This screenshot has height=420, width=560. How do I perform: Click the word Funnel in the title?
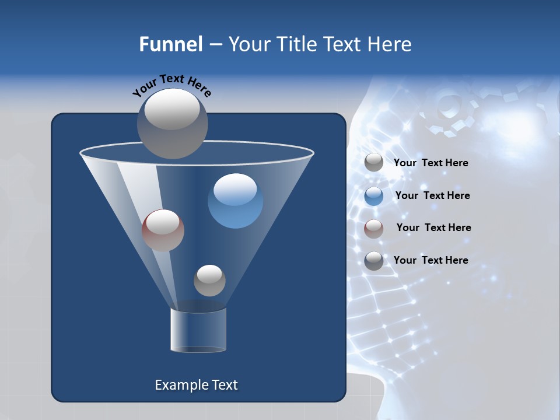tap(170, 44)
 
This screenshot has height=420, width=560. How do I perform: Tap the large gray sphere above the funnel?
tap(172, 124)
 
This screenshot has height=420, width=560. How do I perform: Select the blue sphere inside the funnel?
tap(235, 201)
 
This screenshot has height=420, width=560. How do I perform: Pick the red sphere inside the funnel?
tap(163, 230)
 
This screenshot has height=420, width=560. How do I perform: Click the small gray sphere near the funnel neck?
tap(209, 281)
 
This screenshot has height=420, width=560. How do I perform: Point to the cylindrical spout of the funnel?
tap(198, 330)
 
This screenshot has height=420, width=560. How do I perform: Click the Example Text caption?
tap(196, 385)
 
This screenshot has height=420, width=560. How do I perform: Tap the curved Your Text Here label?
tap(172, 86)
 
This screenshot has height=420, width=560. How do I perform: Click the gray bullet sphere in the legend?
tap(374, 163)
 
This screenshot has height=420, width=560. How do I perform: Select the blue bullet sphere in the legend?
tap(374, 195)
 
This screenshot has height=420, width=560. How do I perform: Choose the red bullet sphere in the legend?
tap(374, 228)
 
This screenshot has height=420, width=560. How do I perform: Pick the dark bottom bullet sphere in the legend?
tap(374, 260)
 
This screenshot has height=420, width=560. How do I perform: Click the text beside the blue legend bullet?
tap(432, 195)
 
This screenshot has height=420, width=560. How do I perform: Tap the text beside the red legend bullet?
tap(433, 228)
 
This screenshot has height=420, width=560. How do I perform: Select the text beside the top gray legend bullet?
tap(430, 163)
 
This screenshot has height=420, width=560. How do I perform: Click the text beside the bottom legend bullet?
tap(430, 260)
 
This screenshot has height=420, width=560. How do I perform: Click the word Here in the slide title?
tap(390, 44)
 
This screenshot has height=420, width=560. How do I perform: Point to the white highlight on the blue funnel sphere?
tap(235, 189)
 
